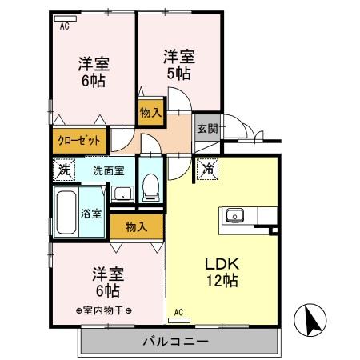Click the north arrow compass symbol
tap(312, 321)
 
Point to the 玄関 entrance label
tap(207, 128)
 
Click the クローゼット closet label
tap(79, 140)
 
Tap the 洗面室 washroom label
tap(108, 170)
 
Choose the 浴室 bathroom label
tap(91, 214)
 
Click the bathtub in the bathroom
tap(66, 211)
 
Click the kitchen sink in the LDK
tap(234, 214)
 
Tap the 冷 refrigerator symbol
tap(207, 169)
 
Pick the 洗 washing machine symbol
tap(63, 170)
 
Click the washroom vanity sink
tap(122, 193)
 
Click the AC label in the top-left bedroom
tap(65, 24)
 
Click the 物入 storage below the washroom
tap(136, 226)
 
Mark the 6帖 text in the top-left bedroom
tap(94, 80)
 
